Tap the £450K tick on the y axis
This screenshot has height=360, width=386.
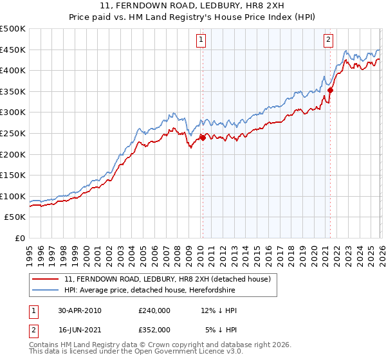[x=13, y=50]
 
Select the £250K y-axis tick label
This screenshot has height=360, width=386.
[x=13, y=134]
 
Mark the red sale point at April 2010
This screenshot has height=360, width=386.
[x=203, y=137]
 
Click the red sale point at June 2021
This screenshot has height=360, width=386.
[x=330, y=91]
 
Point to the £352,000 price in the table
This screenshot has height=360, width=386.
[x=154, y=329]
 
